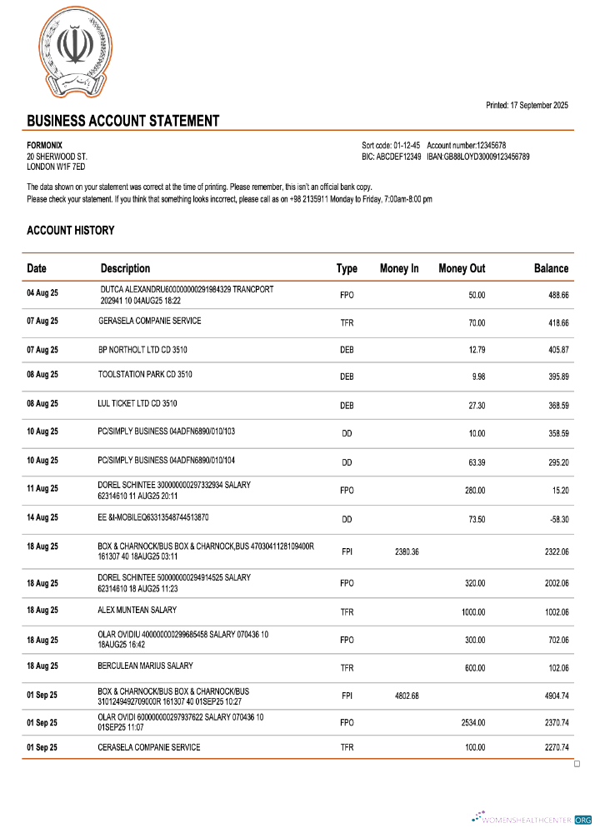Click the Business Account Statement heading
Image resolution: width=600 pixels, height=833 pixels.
[123, 121]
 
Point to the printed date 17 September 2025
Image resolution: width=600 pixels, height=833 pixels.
[527, 105]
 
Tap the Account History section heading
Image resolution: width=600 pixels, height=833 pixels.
[71, 231]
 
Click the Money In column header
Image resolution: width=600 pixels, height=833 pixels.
[399, 268]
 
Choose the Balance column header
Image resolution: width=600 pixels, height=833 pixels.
[551, 268]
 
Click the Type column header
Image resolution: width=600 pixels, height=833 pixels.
[347, 268]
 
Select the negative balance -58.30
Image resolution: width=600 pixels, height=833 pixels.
[553, 518]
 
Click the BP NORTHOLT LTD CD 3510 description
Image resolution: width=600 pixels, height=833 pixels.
[142, 350]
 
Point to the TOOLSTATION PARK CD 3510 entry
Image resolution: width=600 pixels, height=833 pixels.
[145, 375]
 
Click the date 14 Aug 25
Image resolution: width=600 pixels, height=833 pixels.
[42, 517]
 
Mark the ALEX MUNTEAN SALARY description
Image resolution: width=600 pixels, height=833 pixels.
[137, 611]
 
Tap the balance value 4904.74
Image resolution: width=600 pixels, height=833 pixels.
[551, 696]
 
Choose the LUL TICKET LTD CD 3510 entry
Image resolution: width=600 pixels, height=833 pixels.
[137, 404]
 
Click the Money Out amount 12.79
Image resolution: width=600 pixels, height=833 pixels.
[475, 351]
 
